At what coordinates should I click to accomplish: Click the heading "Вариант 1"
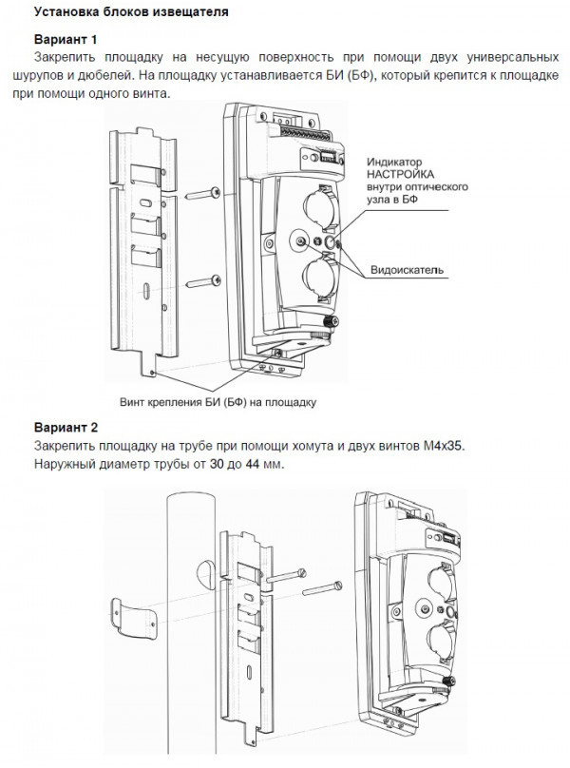(x=66, y=40)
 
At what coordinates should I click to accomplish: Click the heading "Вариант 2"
(x=66, y=428)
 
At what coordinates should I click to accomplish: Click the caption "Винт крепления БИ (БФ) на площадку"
(x=218, y=402)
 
